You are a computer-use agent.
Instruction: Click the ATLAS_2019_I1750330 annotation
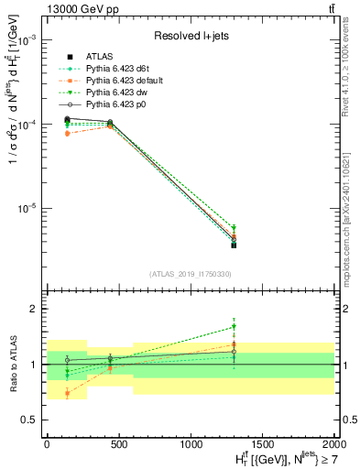190,274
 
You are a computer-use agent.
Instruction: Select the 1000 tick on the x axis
191,442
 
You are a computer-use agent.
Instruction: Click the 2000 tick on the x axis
333,442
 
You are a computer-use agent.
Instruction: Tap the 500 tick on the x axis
118,442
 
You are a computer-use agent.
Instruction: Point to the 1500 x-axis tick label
262,442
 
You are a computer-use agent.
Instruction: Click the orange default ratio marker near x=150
68,394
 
